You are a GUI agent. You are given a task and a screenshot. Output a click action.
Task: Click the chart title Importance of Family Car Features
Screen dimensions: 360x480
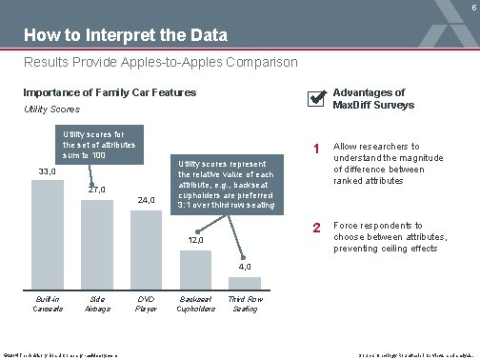110,92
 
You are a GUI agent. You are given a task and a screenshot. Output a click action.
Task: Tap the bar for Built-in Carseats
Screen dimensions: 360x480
47,233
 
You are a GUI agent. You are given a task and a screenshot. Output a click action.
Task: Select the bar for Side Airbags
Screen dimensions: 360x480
96,243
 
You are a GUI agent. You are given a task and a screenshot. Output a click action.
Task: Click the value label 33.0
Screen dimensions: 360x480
47,171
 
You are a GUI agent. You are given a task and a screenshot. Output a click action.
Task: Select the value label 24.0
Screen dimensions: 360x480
146,201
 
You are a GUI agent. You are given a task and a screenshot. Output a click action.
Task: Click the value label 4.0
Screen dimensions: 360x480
246,266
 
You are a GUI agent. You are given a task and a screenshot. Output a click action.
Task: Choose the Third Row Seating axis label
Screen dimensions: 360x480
246,303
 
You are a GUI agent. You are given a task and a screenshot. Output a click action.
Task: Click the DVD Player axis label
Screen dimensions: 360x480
146,303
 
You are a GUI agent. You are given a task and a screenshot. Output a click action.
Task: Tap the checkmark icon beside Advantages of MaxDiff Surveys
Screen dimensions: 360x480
315,99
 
